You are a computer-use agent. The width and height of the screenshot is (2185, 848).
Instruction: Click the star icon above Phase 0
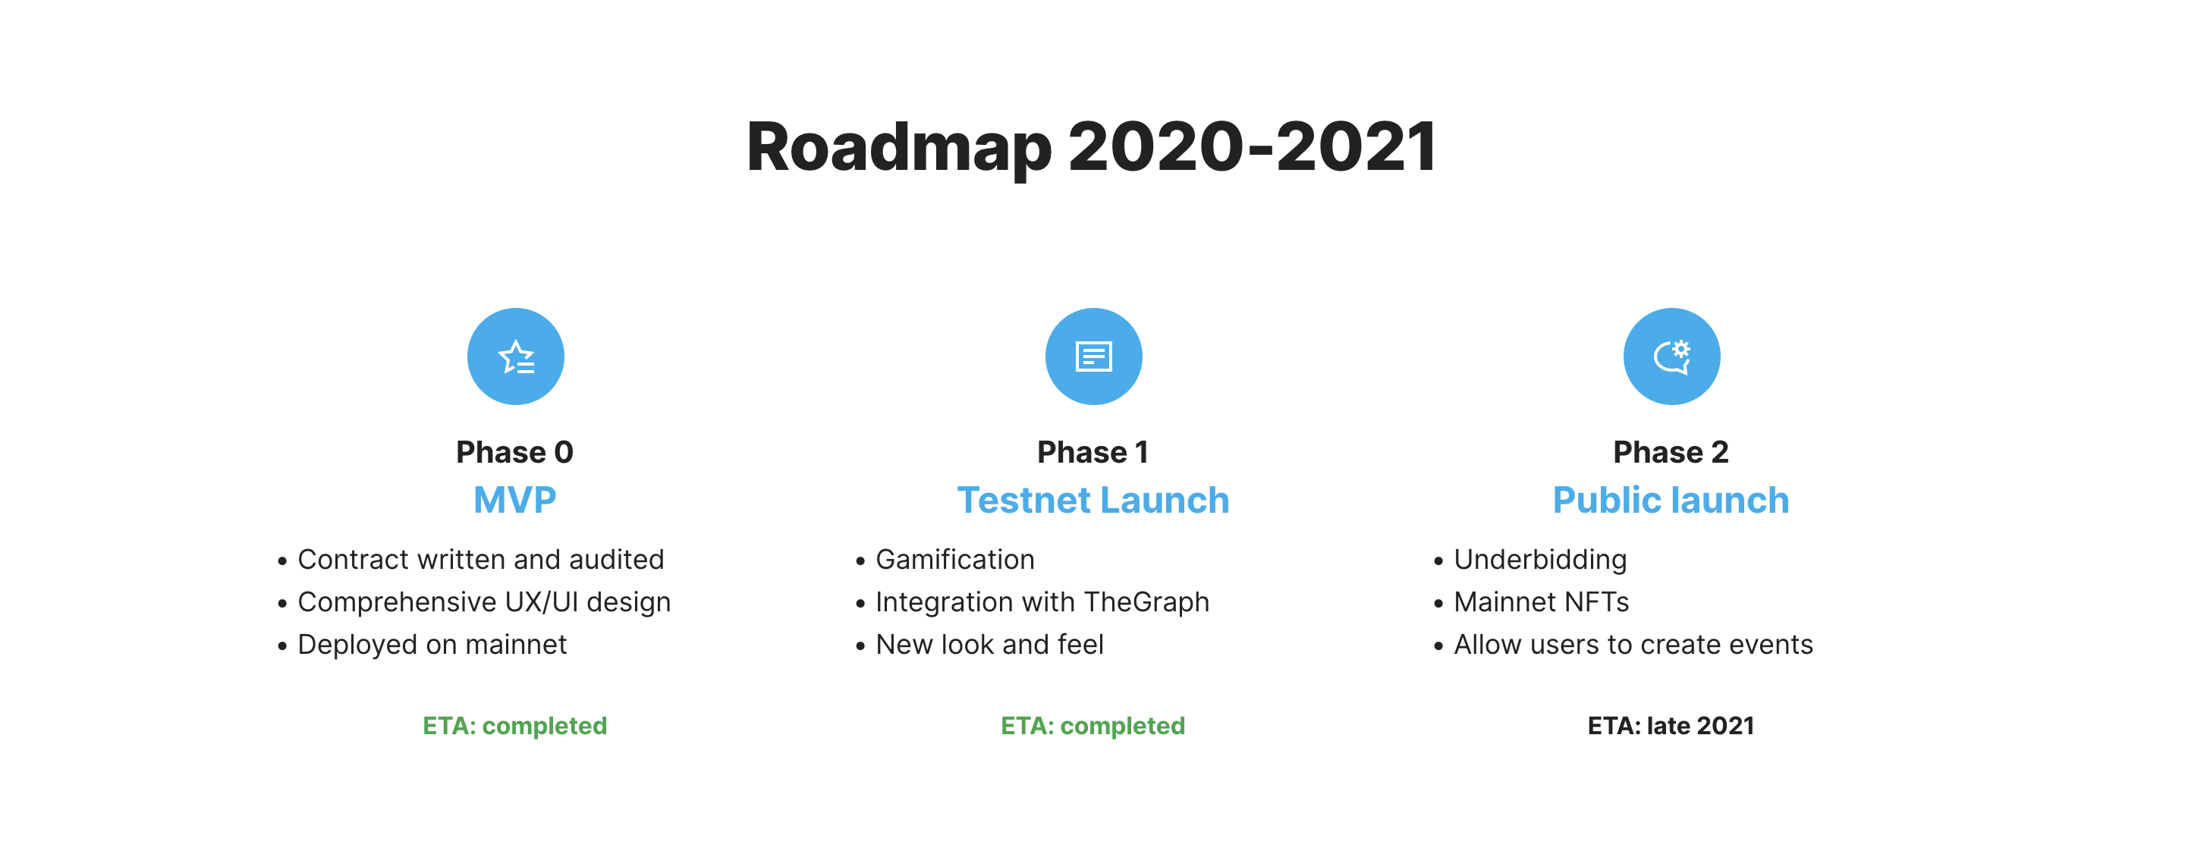click(516, 356)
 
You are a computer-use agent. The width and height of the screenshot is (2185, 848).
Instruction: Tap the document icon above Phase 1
click(1093, 356)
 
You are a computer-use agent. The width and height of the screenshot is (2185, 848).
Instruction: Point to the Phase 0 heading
click(515, 452)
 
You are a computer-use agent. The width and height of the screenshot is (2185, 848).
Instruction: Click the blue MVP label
click(515, 500)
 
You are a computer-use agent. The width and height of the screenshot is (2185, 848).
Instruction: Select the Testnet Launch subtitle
click(1092, 500)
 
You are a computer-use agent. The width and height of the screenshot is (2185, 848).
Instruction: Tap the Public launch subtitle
click(1670, 500)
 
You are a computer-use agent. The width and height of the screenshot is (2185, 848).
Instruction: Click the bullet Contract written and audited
click(480, 560)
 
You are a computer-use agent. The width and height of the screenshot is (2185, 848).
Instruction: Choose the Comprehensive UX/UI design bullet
click(483, 602)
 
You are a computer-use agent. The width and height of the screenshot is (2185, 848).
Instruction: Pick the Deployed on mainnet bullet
click(432, 645)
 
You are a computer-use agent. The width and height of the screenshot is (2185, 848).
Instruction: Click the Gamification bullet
click(954, 560)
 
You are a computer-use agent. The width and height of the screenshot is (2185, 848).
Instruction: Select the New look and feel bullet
click(989, 645)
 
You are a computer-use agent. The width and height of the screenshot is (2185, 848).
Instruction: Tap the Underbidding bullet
click(1539, 560)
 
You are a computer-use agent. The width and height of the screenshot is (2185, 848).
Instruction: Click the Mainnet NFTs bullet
click(1540, 602)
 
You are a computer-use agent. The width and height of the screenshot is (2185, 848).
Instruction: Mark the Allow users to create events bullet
click(1633, 645)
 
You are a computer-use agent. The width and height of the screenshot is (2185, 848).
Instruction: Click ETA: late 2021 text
click(1670, 726)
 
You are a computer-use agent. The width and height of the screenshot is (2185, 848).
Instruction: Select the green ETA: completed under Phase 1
click(1092, 726)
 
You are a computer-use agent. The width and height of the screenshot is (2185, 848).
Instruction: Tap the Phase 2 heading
click(1670, 452)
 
